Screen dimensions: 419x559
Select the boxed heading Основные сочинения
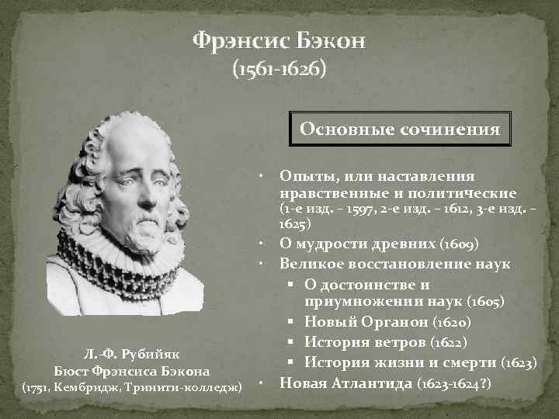tap(400, 129)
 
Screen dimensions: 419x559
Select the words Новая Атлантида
tap(346, 383)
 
